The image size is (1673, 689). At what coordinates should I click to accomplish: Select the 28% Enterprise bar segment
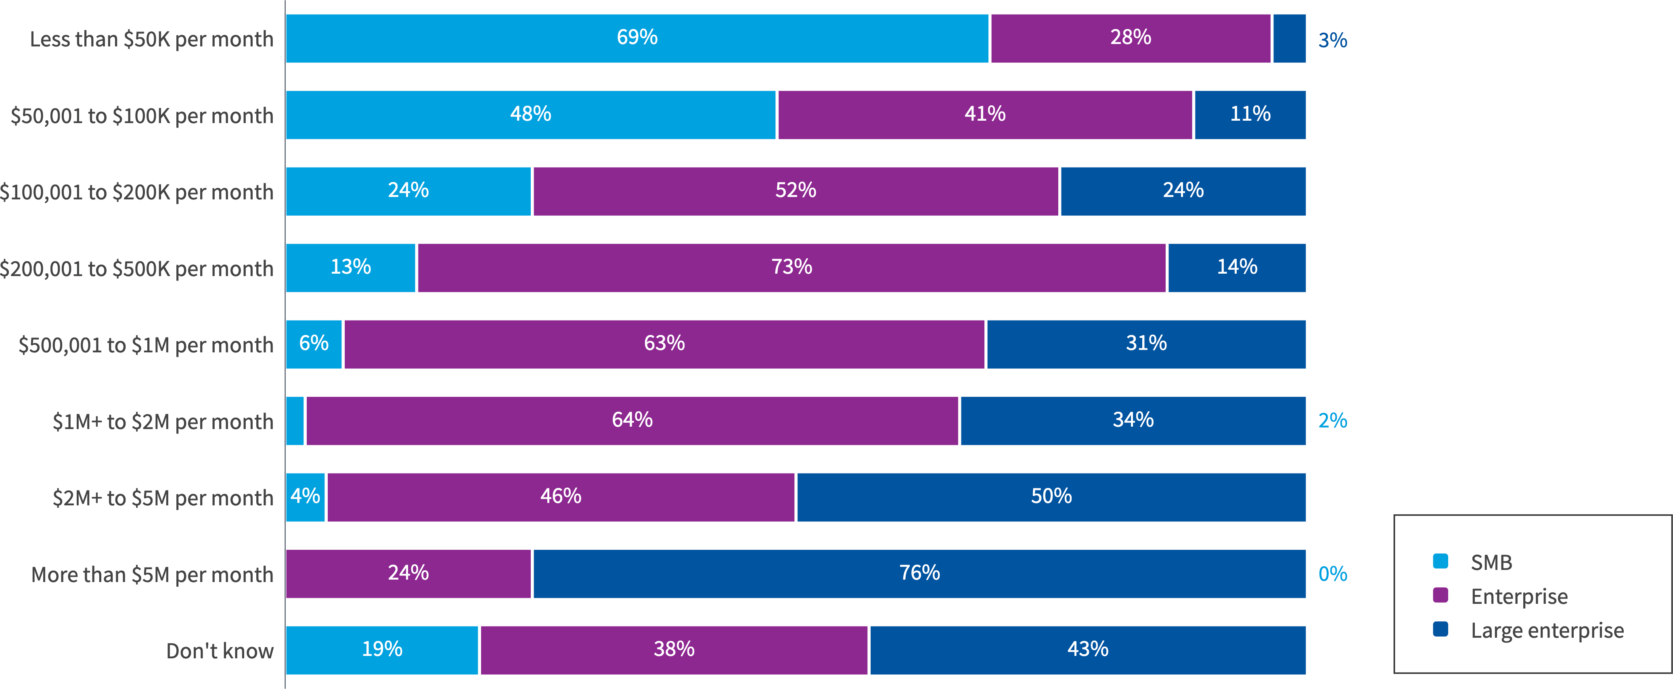[x=1130, y=38]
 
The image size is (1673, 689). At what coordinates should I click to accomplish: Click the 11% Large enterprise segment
[x=1250, y=115]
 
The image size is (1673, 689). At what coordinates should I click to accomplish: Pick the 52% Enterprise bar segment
[x=795, y=191]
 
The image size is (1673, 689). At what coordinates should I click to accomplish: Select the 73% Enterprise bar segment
[x=791, y=268]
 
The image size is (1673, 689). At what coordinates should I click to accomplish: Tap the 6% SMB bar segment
[x=314, y=344]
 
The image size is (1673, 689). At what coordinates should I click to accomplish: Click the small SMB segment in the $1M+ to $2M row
[x=295, y=421]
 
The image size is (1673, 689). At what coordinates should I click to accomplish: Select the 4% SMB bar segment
[x=305, y=497]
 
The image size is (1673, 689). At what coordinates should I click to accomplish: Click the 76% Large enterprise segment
[x=919, y=574]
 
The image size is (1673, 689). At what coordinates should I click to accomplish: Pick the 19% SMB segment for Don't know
[x=382, y=650]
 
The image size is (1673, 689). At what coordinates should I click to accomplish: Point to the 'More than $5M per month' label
[x=152, y=575]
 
